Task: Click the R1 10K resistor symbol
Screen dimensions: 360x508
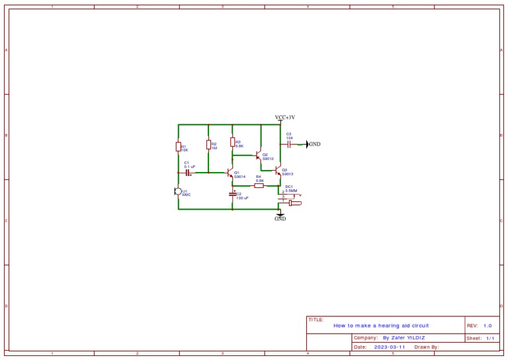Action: (x=179, y=147)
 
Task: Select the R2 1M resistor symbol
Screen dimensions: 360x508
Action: (x=208, y=145)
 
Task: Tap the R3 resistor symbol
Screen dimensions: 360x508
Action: (x=232, y=142)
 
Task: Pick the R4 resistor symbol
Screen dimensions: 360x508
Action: (x=259, y=185)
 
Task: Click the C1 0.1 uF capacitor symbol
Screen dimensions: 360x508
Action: (x=188, y=173)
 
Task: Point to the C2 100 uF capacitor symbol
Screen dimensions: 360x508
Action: (x=232, y=195)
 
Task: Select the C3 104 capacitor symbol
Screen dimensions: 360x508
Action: (x=290, y=144)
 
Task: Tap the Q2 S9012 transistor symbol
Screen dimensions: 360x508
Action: (x=259, y=156)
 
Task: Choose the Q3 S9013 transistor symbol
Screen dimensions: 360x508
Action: (x=278, y=171)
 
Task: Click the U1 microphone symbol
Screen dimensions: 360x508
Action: (x=178, y=191)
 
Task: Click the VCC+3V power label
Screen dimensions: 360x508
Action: (x=285, y=117)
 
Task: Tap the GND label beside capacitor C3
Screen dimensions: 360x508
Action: (x=315, y=144)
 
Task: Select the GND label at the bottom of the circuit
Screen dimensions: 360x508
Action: (x=280, y=218)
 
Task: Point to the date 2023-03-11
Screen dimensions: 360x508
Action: (x=389, y=347)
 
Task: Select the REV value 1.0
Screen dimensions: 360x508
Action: (x=487, y=326)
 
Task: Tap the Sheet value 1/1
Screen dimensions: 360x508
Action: (x=490, y=337)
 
